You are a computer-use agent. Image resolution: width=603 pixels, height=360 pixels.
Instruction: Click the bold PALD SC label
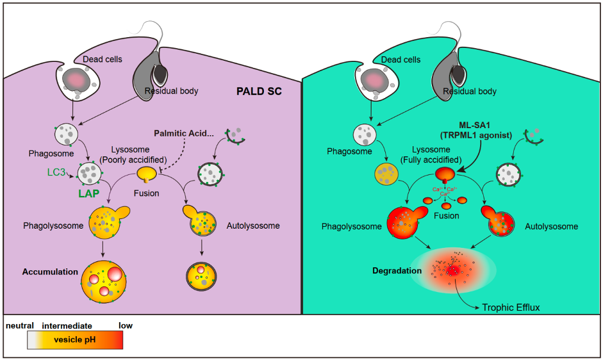259,92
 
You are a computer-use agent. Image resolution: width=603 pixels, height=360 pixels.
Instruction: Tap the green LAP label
90,192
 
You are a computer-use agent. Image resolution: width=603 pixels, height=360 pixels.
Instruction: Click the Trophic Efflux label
511,307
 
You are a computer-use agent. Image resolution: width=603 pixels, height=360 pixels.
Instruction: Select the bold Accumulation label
49,271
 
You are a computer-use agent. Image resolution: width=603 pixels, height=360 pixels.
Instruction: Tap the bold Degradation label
397,270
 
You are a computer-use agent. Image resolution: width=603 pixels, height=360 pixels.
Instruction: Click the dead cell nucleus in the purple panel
79,80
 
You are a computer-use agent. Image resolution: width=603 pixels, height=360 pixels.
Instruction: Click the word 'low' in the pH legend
126,325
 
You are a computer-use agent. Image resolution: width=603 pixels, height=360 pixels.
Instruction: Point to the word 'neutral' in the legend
19,325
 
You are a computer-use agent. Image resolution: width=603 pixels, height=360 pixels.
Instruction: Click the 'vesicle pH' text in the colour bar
75,339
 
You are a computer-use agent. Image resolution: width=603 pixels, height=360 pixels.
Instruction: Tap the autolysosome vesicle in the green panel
499,224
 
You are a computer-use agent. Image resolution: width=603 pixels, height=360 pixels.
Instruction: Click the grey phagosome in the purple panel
67,135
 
